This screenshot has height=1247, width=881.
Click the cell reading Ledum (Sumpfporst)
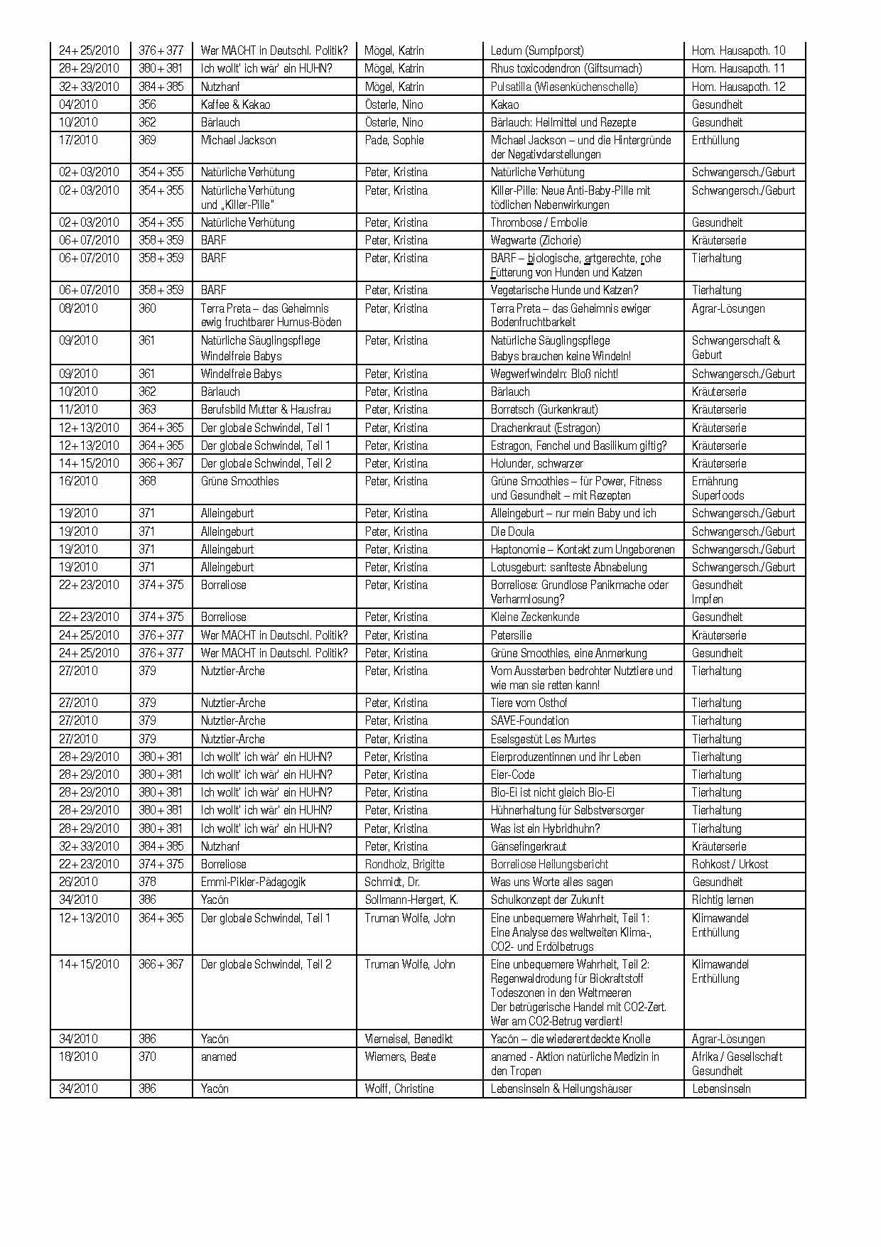537,50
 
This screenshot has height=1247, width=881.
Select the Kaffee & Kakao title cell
235,104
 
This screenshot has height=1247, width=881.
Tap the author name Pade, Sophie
394,140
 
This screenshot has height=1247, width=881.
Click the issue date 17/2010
78,140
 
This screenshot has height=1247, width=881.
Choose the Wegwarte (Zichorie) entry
535,240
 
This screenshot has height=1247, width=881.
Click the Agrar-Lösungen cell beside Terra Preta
728,308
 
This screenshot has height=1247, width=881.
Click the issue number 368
147,481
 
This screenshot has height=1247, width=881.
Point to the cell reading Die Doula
512,531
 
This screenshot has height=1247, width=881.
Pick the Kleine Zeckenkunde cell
535,617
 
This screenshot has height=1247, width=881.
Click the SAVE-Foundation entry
529,720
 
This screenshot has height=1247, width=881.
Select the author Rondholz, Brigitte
404,864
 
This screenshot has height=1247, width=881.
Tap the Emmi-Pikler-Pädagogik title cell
253,882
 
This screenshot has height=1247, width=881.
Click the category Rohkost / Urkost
730,864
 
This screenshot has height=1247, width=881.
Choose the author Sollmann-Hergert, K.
411,900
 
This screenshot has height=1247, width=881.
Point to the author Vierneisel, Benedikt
409,1039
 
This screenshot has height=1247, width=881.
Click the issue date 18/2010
78,1057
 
